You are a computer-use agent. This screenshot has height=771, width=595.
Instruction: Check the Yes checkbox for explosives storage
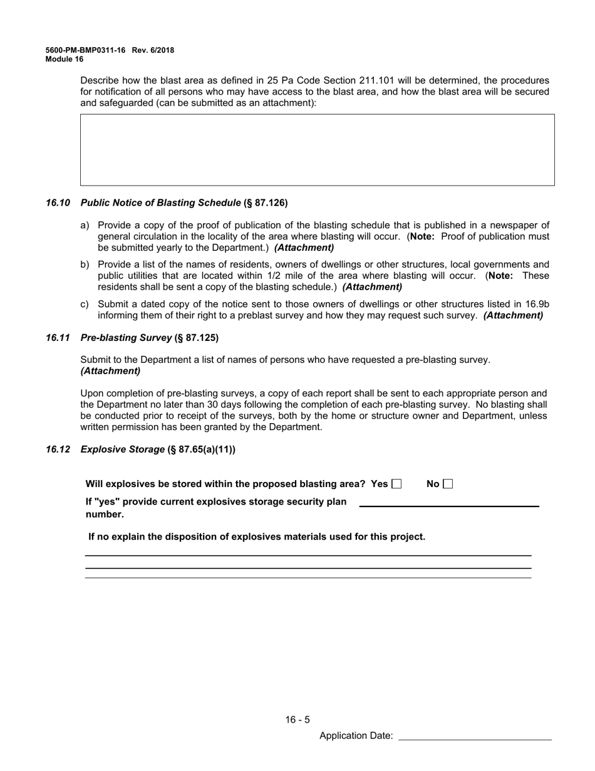pyautogui.click(x=396, y=484)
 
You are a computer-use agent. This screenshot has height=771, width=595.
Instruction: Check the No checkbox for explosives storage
pyautogui.click(x=447, y=484)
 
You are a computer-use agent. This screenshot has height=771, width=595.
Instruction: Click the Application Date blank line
pyautogui.click(x=475, y=736)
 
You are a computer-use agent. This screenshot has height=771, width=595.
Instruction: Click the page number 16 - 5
pyautogui.click(x=297, y=720)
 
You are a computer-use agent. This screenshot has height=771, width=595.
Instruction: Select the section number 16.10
pyautogui.click(x=58, y=203)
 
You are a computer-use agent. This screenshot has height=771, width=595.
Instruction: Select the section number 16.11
pyautogui.click(x=58, y=338)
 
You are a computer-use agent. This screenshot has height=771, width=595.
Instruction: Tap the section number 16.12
pyautogui.click(x=58, y=449)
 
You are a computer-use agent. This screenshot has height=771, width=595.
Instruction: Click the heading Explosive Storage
pyautogui.click(x=123, y=449)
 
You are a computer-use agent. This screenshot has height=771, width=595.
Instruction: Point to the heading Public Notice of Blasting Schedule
pyautogui.click(x=160, y=203)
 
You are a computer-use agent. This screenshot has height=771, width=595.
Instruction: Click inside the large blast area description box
pyautogui.click(x=317, y=150)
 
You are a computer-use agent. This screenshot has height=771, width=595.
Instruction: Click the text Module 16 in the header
pyautogui.click(x=64, y=60)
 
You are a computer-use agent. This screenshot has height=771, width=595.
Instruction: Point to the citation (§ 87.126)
pyautogui.click(x=266, y=203)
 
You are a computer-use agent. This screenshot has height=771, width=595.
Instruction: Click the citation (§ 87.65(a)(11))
pyautogui.click(x=202, y=449)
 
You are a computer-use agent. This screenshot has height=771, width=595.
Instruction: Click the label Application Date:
pyautogui.click(x=356, y=736)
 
